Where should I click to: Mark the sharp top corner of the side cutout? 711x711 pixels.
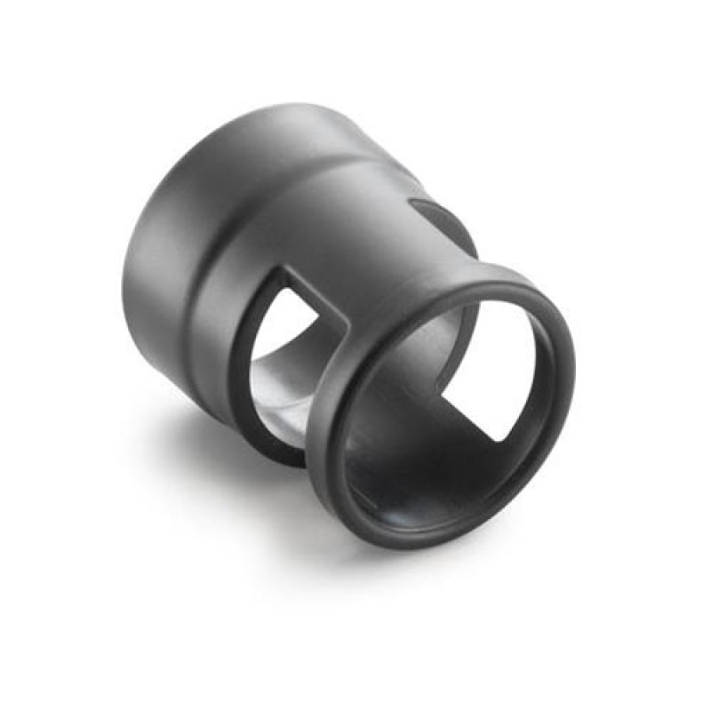point(282,266)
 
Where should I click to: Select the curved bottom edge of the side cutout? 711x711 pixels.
point(267,444)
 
